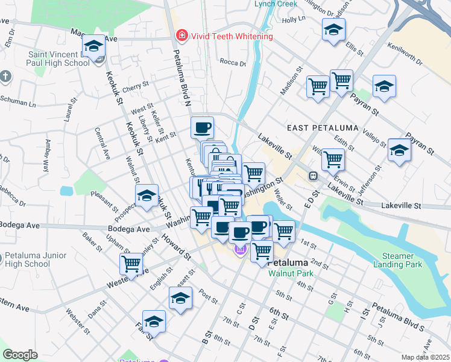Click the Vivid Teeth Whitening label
click(232, 36)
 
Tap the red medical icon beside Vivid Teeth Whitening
click(180, 36)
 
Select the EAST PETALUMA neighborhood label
click(323, 128)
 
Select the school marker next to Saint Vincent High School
click(93, 46)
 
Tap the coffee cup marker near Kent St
click(203, 127)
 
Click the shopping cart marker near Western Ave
click(131, 263)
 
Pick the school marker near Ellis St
click(333, 30)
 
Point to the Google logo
click(20, 355)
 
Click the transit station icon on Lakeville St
click(314, 176)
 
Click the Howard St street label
click(175, 246)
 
